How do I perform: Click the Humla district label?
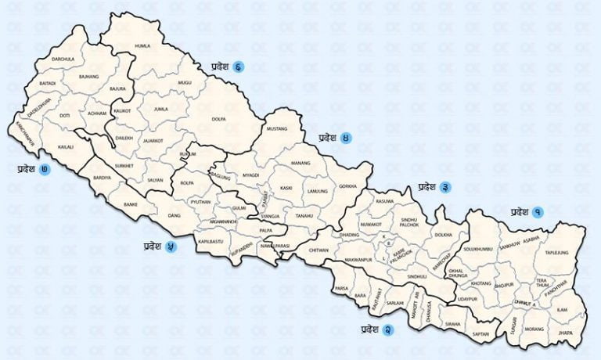[142, 46]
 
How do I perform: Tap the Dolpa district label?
[218, 119]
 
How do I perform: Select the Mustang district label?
[277, 128]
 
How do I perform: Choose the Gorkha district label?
[347, 186]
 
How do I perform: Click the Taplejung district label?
[556, 254]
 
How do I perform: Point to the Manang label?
[300, 163]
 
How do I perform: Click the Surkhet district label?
[124, 166]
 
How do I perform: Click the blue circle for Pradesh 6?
[237, 67]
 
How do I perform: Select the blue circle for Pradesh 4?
[345, 138]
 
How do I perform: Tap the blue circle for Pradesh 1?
[538, 211]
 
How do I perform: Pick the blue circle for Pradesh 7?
[45, 168]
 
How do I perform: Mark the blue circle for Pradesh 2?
[387, 329]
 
